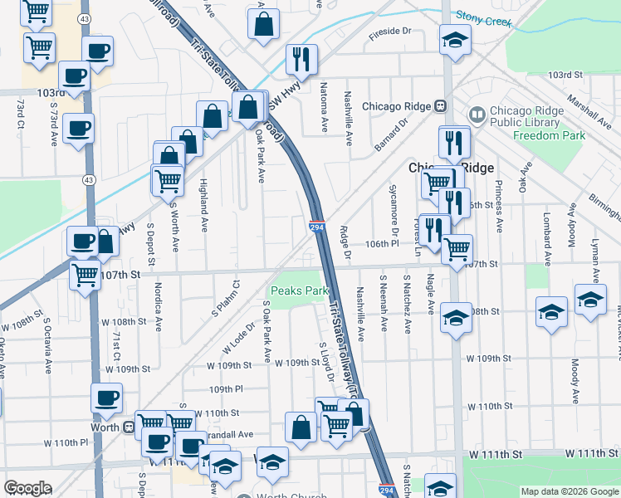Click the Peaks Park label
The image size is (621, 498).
(299, 291)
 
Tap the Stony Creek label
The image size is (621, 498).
(484, 18)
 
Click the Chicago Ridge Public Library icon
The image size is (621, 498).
(477, 114)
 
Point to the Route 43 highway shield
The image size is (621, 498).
(87, 178)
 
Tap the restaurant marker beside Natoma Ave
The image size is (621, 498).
(299, 60)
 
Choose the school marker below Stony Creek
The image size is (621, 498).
(455, 41)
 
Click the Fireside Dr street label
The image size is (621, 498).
(390, 31)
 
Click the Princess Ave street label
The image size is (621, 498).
(499, 204)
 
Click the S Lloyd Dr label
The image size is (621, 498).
(325, 362)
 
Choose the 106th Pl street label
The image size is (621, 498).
(384, 246)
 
